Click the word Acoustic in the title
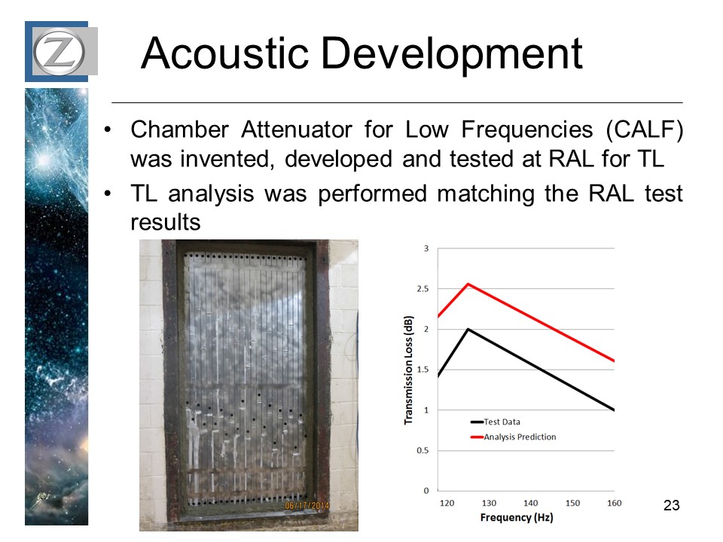pos(225,53)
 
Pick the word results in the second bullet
pos(166,222)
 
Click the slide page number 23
pos(671,505)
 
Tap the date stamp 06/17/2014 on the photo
pos(307,505)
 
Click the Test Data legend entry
pos(496,422)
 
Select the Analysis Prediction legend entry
pos(513,437)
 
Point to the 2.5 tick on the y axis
pos(423,289)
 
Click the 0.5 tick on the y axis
pos(423,451)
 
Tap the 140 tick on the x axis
pos(531,504)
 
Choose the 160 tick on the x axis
pos(615,504)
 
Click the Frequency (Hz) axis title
pos(517,518)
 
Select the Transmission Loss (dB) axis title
pos(408,370)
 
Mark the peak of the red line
pos(468,284)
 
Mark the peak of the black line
pos(468,329)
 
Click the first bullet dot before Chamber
pos(108,130)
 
